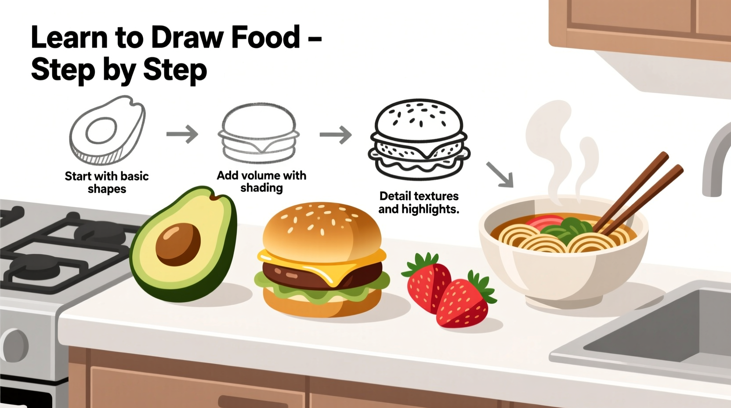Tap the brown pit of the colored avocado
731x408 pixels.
coord(178,244)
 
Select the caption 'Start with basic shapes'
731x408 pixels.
coord(107,182)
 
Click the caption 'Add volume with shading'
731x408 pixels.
coord(261,182)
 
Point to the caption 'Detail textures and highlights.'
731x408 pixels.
coord(419,202)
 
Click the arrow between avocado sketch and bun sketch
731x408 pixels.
coord(182,134)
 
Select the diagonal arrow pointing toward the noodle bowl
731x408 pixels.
coord(500,175)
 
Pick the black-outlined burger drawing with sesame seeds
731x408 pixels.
coord(419,139)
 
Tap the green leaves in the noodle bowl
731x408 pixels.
coord(567,226)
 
